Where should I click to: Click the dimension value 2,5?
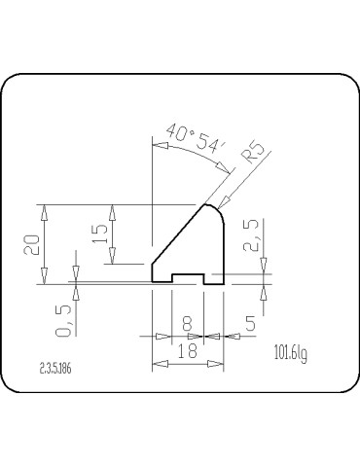click(252, 236)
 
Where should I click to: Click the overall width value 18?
click(189, 353)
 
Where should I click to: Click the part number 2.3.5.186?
click(59, 369)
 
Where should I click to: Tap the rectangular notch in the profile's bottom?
click(188, 280)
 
